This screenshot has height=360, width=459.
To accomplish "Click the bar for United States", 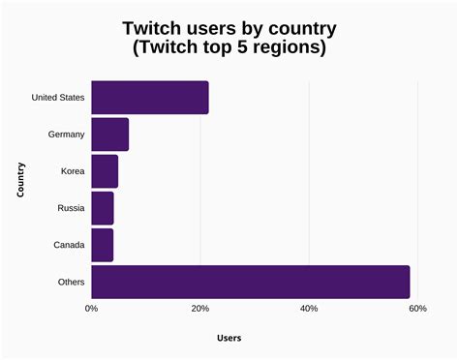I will tap(149, 98).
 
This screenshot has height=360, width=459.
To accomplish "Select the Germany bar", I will tap(109, 135).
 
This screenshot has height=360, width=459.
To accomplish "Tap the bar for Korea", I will tap(105, 171).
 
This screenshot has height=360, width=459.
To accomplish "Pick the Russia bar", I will tap(102, 208).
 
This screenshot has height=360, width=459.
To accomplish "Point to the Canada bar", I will tap(102, 245).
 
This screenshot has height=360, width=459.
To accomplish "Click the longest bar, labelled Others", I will tap(250, 282).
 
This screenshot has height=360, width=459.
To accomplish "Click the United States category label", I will tap(58, 98).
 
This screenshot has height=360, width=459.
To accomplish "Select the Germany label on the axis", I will tap(65, 135).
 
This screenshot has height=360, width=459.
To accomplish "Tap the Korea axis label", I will tap(72, 171).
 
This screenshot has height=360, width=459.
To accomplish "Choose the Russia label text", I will tap(71, 208).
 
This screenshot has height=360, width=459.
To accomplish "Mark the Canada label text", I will tap(69, 245).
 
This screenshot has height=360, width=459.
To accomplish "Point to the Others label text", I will tap(71, 282).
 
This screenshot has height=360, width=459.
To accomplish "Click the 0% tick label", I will tap(91, 309).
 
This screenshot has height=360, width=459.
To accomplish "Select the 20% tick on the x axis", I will tap(199, 309).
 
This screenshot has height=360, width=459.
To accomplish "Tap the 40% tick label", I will tap(309, 309).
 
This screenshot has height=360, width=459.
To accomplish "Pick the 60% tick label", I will tap(417, 309).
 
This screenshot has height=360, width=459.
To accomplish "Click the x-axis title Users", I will tap(229, 338).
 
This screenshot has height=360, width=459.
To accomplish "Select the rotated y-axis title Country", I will tap(20, 180).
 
